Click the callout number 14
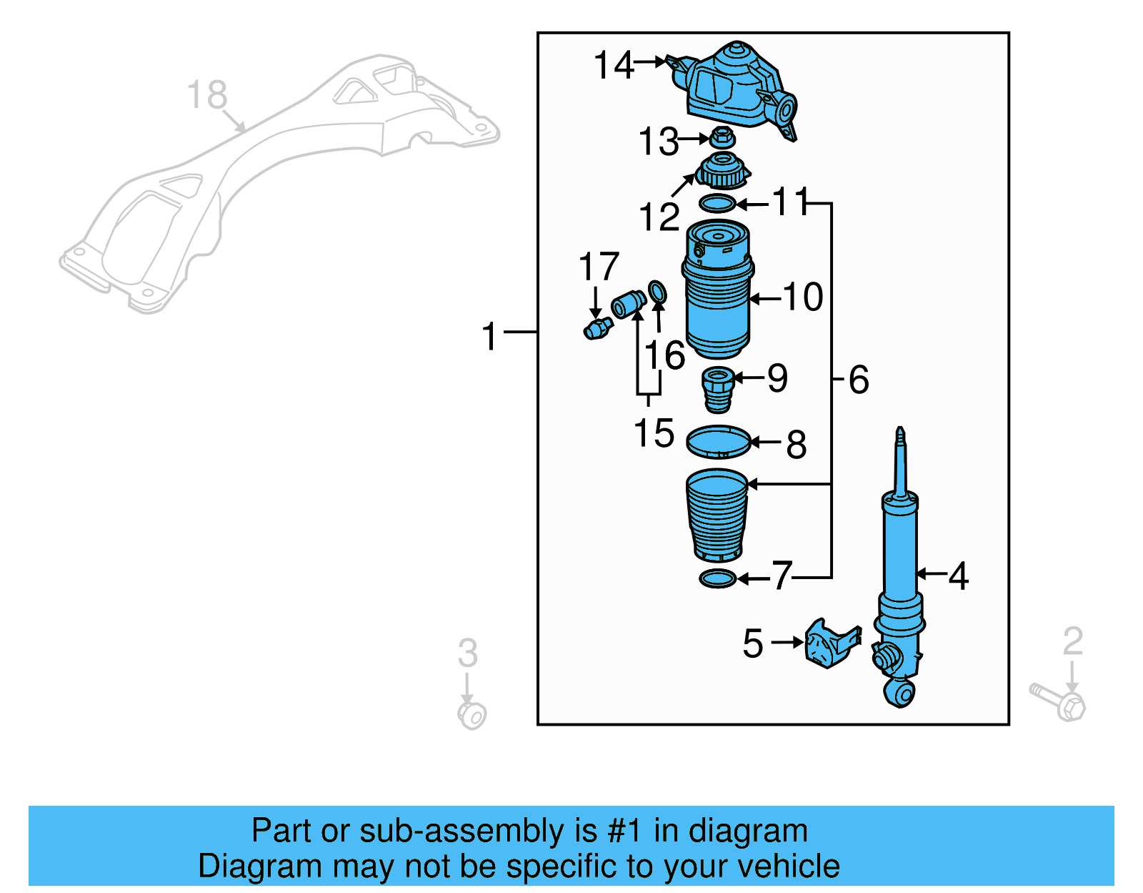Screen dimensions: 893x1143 [613, 65]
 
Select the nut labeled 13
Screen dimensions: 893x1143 [723, 137]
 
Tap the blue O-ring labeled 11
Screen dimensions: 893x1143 [717, 204]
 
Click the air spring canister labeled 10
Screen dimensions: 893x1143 [717, 293]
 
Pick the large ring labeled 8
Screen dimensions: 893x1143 [718, 442]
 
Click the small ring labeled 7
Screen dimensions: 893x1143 [717, 578]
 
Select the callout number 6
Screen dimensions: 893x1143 [859, 379]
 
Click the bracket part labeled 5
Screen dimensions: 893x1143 [830, 643]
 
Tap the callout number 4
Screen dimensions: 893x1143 [958, 576]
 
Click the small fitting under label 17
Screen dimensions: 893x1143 [598, 329]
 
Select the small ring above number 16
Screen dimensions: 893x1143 [657, 292]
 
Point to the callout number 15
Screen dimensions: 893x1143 [654, 433]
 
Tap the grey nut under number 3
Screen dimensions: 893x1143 [471, 714]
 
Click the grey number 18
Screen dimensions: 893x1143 [207, 95]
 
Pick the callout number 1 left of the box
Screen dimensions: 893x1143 [489, 336]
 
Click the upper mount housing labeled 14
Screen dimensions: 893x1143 [736, 86]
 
